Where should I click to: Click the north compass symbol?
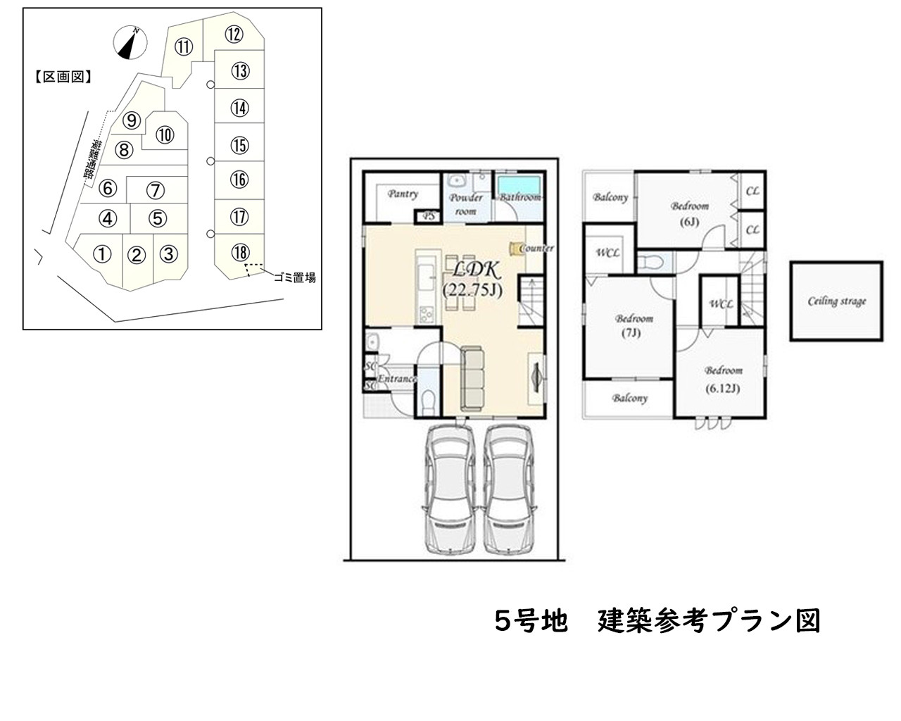click(129, 44)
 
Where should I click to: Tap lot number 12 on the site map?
click(234, 34)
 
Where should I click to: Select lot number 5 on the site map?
click(159, 219)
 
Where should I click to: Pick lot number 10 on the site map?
click(165, 135)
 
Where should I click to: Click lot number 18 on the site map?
click(239, 252)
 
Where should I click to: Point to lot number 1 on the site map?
click(103, 254)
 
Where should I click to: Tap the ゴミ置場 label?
click(294, 278)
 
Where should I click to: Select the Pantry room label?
click(403, 194)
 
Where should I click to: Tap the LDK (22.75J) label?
click(472, 279)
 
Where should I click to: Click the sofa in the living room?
click(473, 378)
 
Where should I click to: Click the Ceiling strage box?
click(836, 301)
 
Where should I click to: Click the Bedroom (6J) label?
click(689, 213)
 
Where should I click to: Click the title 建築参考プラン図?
click(710, 621)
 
